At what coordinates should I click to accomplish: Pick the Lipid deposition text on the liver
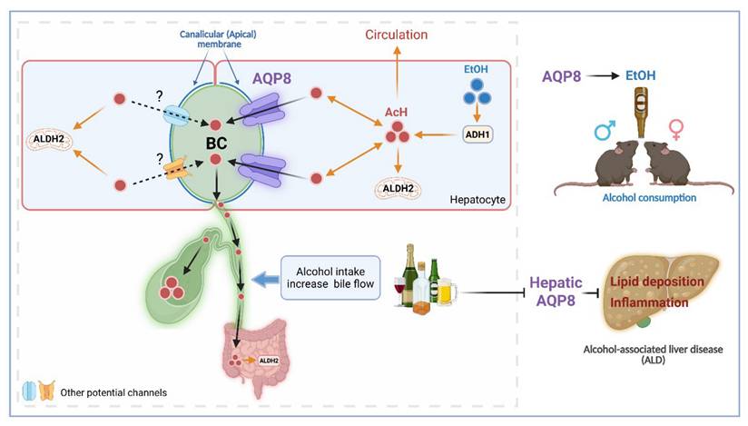pyautogui.click(x=658, y=282)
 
